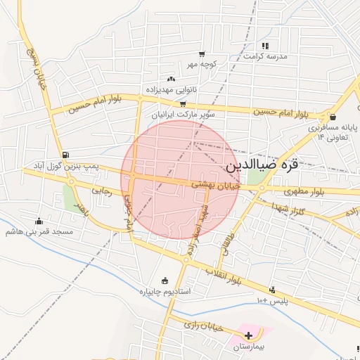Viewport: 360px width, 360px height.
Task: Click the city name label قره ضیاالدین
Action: pyautogui.click(x=262, y=166)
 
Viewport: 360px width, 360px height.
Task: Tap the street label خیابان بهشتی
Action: pyautogui.click(x=215, y=185)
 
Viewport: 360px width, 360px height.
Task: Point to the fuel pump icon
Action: pyautogui.click(x=65, y=155)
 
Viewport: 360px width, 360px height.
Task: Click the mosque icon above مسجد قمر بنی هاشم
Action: pyautogui.click(x=39, y=221)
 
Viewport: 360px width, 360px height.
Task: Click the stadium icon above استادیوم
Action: pyautogui.click(x=165, y=281)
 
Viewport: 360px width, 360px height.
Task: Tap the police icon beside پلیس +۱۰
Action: pyautogui.click(x=272, y=290)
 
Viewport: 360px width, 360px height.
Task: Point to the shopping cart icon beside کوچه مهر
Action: pyautogui.click(x=202, y=54)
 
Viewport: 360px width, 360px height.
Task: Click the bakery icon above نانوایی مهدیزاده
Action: pyautogui.click(x=172, y=79)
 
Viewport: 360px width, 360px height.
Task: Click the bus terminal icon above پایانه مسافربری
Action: pyautogui.click(x=333, y=117)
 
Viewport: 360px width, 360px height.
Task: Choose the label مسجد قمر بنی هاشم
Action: pyautogui.click(x=39, y=231)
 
